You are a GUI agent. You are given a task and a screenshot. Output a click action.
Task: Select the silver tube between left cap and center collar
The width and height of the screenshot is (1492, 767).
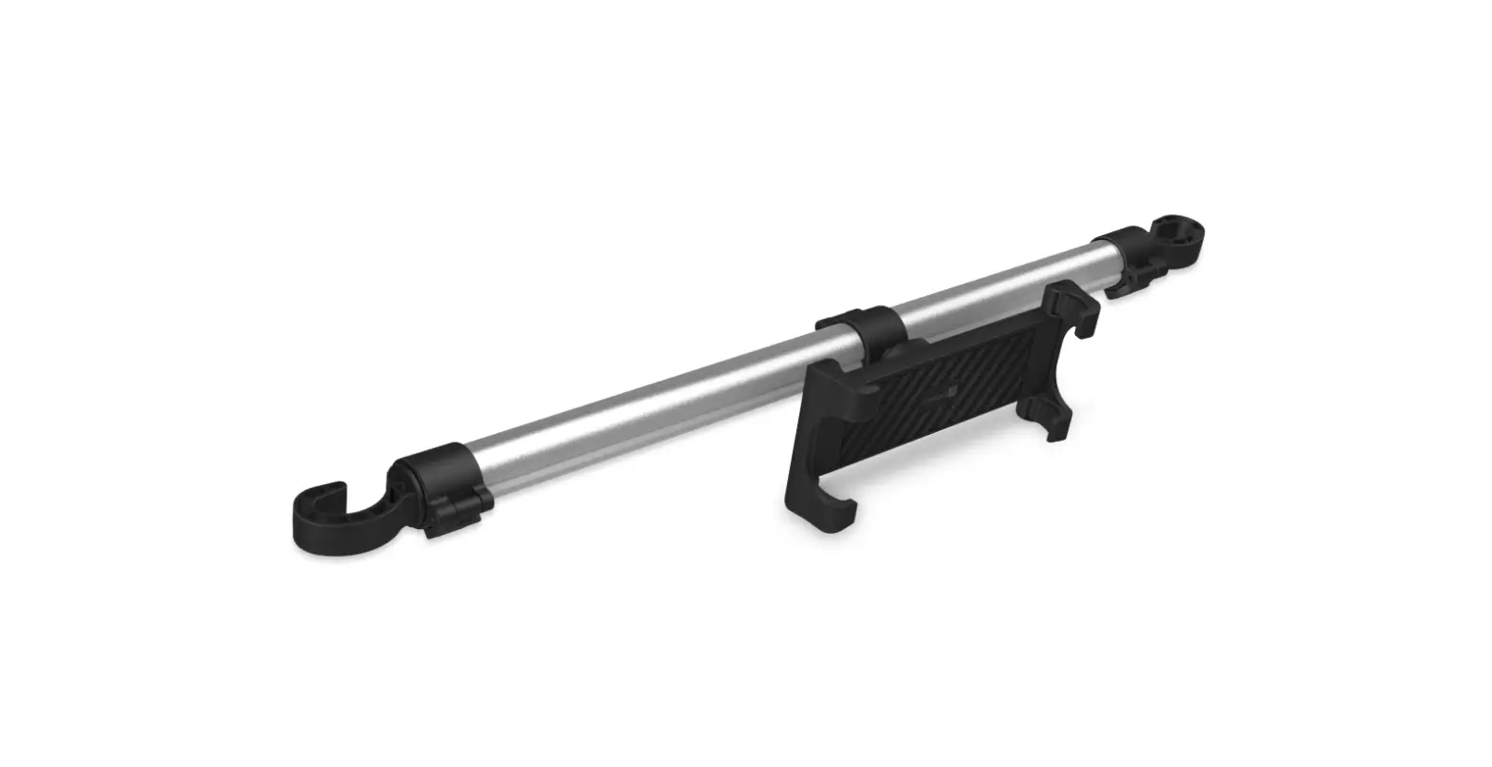pyautogui.click(x=647, y=409)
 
